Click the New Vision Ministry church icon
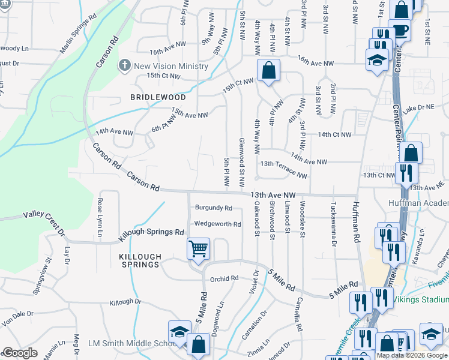point(125,65)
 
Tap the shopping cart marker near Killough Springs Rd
point(198,247)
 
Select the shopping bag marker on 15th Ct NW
point(269,70)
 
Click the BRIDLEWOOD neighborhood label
point(158,97)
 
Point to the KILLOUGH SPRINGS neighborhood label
point(136,262)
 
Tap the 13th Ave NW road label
point(274,195)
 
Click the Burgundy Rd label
point(213,208)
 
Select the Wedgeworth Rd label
point(217,224)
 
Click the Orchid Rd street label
point(224,278)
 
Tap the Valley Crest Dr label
point(43,218)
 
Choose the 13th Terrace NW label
point(283,169)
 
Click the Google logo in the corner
point(20,353)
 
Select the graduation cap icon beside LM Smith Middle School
point(179,332)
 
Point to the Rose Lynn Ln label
point(100,217)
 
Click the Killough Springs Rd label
point(151,231)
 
